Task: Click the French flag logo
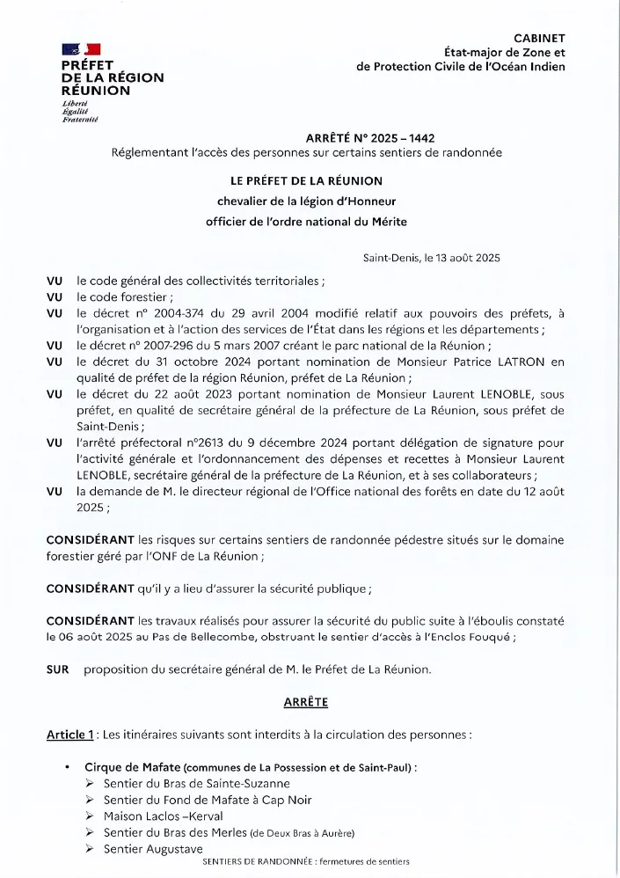pos(81,49)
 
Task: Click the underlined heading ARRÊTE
pos(306,702)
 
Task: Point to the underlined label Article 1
pos(70,735)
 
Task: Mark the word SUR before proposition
pos(58,669)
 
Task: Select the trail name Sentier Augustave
pos(153,849)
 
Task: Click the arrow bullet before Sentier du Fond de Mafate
pos(91,801)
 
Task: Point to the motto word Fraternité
pos(79,119)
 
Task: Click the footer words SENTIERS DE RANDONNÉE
pos(255,862)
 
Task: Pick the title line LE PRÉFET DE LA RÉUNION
pos(306,180)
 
